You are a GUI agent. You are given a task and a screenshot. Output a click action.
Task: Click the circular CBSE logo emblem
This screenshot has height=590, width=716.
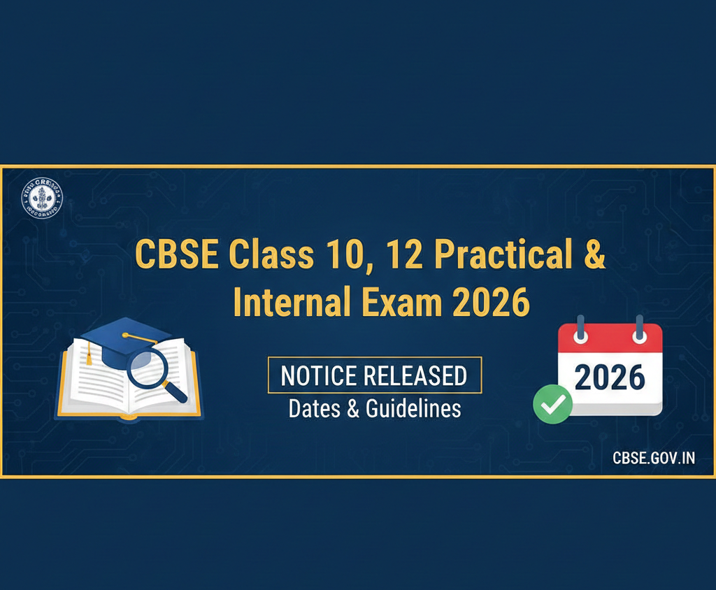tap(42, 197)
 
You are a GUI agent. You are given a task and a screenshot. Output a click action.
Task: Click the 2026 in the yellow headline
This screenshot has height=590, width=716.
tap(491, 302)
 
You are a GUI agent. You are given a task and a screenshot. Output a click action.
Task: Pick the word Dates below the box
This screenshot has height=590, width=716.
tap(314, 408)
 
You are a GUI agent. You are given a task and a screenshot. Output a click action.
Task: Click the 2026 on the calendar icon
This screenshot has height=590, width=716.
tap(609, 377)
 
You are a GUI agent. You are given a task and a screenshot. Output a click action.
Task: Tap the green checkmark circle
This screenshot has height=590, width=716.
tap(552, 403)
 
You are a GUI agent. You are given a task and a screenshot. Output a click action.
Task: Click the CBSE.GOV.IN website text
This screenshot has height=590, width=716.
tap(653, 459)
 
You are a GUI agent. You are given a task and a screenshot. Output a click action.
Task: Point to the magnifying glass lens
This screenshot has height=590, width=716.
tap(146, 361)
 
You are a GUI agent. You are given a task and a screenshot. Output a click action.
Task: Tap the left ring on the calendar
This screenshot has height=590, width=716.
tap(579, 329)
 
